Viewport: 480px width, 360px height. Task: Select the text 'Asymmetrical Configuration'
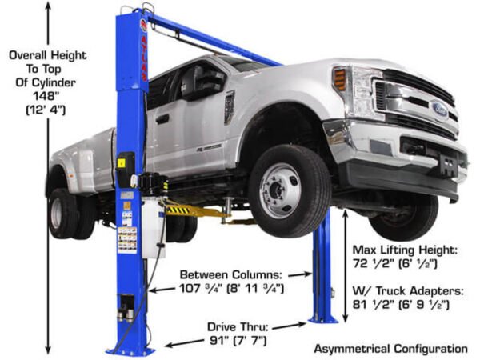click(x=390, y=349)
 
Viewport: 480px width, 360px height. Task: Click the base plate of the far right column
click(x=323, y=318)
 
